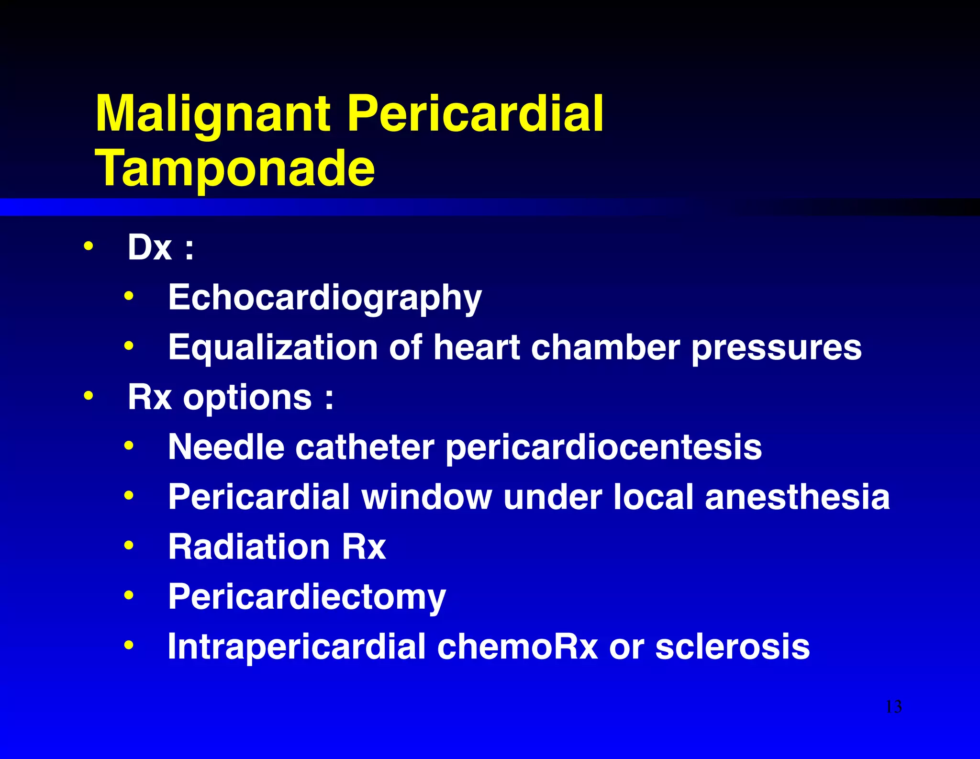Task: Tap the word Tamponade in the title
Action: tap(235, 168)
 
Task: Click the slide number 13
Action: tap(893, 706)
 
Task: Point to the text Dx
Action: tap(149, 248)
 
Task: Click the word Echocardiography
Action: tap(325, 298)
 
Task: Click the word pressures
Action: tap(776, 348)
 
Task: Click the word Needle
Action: tap(226, 447)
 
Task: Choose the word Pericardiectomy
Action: tap(307, 597)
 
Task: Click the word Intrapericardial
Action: tap(296, 647)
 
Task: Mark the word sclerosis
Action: tap(732, 647)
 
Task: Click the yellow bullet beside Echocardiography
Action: tap(128, 296)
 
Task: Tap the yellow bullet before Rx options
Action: tap(88, 396)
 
